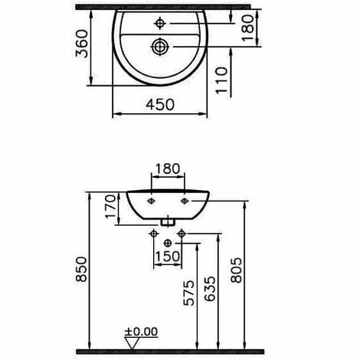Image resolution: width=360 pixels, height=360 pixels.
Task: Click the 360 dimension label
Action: (x=82, y=44)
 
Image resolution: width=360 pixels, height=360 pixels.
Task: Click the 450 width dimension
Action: (x=160, y=105)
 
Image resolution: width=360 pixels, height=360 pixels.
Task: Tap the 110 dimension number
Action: (x=221, y=80)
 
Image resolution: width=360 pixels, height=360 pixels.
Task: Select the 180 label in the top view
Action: (x=247, y=28)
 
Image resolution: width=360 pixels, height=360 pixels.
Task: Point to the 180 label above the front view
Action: (x=168, y=169)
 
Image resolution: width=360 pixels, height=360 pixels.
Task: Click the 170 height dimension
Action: (x=110, y=206)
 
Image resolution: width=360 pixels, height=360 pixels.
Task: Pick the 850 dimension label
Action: (x=81, y=269)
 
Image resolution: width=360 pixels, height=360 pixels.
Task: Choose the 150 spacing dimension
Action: (x=168, y=257)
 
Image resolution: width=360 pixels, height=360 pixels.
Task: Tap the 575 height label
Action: (x=189, y=293)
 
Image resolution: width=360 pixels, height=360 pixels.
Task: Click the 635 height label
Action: (x=210, y=289)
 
